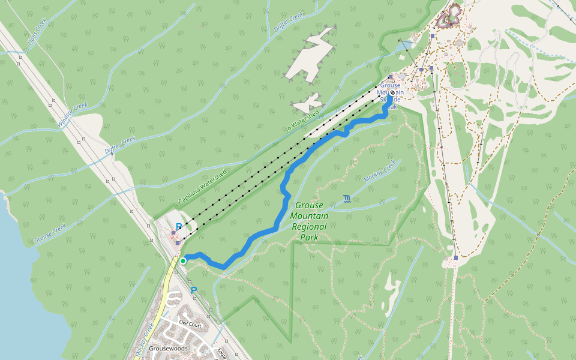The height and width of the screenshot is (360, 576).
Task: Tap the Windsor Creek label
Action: point(73,114)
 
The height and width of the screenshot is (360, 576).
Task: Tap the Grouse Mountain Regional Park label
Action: point(309,221)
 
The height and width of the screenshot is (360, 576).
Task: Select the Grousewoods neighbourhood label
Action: point(169,348)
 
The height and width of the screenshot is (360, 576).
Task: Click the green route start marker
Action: point(183,260)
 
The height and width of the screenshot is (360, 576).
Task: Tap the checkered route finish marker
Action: point(392,93)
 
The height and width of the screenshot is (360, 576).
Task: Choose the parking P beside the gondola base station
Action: point(178,227)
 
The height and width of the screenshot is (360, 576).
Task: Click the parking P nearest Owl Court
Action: point(194,290)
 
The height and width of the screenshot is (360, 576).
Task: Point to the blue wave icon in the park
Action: point(347,198)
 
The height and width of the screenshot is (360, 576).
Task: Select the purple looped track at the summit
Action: point(450,16)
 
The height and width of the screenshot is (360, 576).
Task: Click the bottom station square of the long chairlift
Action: point(455,259)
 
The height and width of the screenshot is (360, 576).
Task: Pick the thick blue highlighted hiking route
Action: point(281,204)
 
